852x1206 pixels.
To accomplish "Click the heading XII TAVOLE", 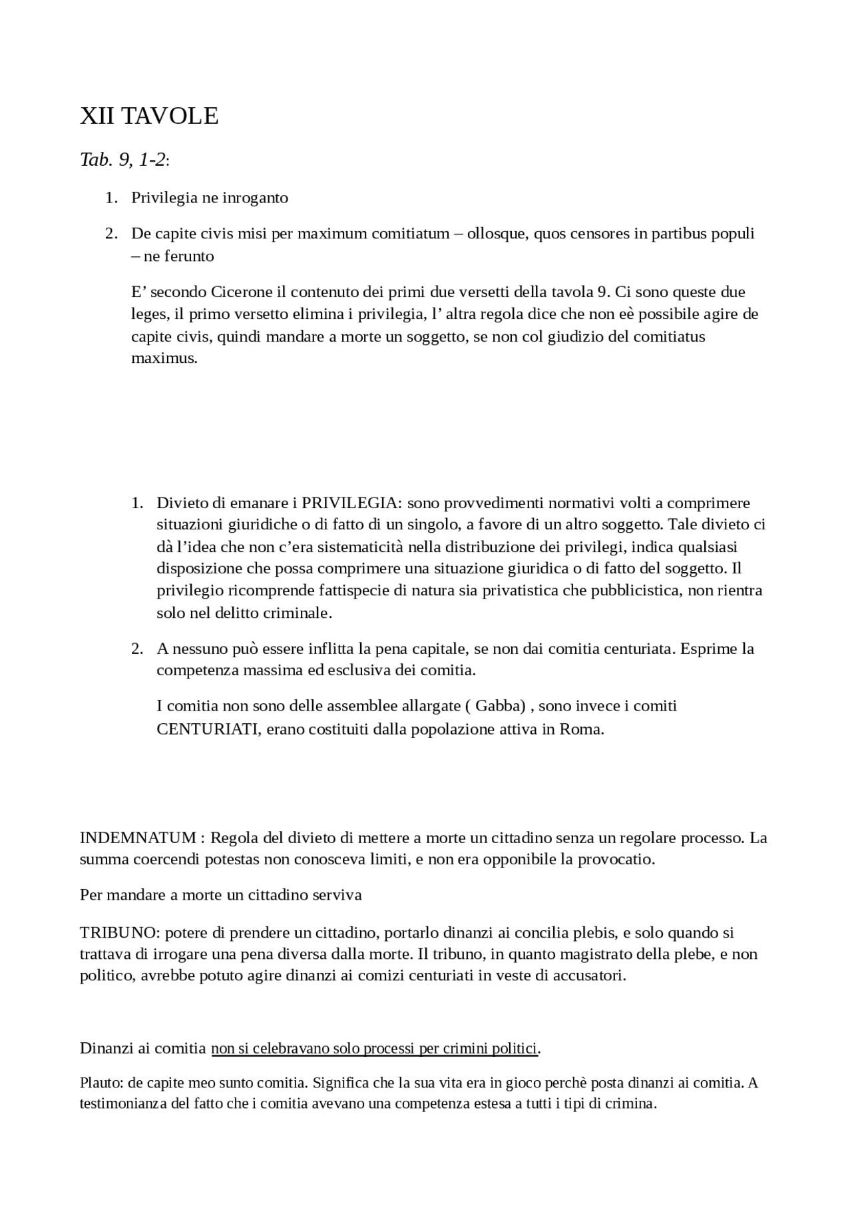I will [149, 116].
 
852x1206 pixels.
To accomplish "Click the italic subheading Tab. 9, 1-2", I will [123, 160].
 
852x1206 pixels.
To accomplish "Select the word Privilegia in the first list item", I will [163, 198].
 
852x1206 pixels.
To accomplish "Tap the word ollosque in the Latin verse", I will [496, 234].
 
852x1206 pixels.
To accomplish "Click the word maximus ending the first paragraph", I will [164, 358].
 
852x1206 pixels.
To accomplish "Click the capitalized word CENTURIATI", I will [208, 729].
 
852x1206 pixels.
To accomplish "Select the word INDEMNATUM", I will [138, 838].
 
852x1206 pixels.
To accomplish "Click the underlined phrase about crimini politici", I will [374, 1048].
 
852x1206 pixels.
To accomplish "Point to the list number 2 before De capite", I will [111, 234].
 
